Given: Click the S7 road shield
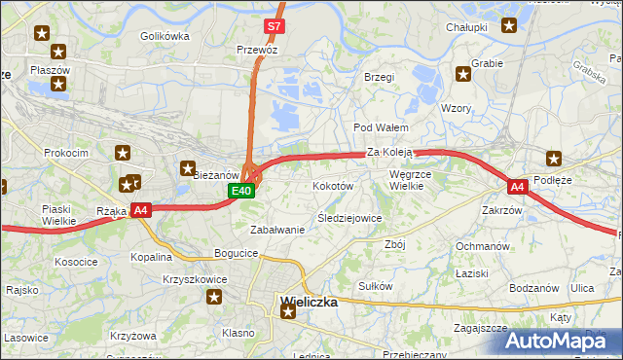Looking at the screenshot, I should [x=275, y=27].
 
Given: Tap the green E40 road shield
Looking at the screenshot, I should [x=242, y=192].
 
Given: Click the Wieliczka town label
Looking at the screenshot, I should [x=309, y=302].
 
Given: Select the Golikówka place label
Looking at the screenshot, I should [x=165, y=36].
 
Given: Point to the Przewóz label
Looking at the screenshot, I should [x=257, y=49].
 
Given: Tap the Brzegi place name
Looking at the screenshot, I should [x=379, y=77].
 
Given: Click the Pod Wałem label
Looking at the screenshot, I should [x=380, y=127].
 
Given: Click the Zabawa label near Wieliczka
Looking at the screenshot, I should [x=277, y=230].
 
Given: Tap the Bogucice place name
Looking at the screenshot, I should [x=237, y=253].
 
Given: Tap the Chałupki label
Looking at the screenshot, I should [x=465, y=27].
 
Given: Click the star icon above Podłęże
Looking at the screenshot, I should [x=554, y=158].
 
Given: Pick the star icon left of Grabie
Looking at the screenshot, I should [x=463, y=73].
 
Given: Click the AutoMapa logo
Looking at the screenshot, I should [x=558, y=342].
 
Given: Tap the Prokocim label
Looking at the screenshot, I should [x=66, y=153].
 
